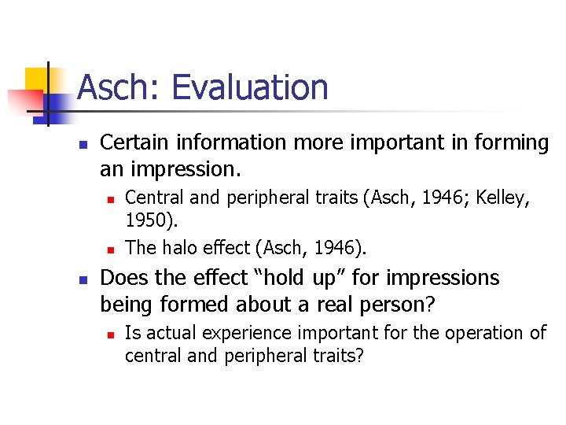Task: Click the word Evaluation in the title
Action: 250,87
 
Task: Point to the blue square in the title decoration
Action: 53,103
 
